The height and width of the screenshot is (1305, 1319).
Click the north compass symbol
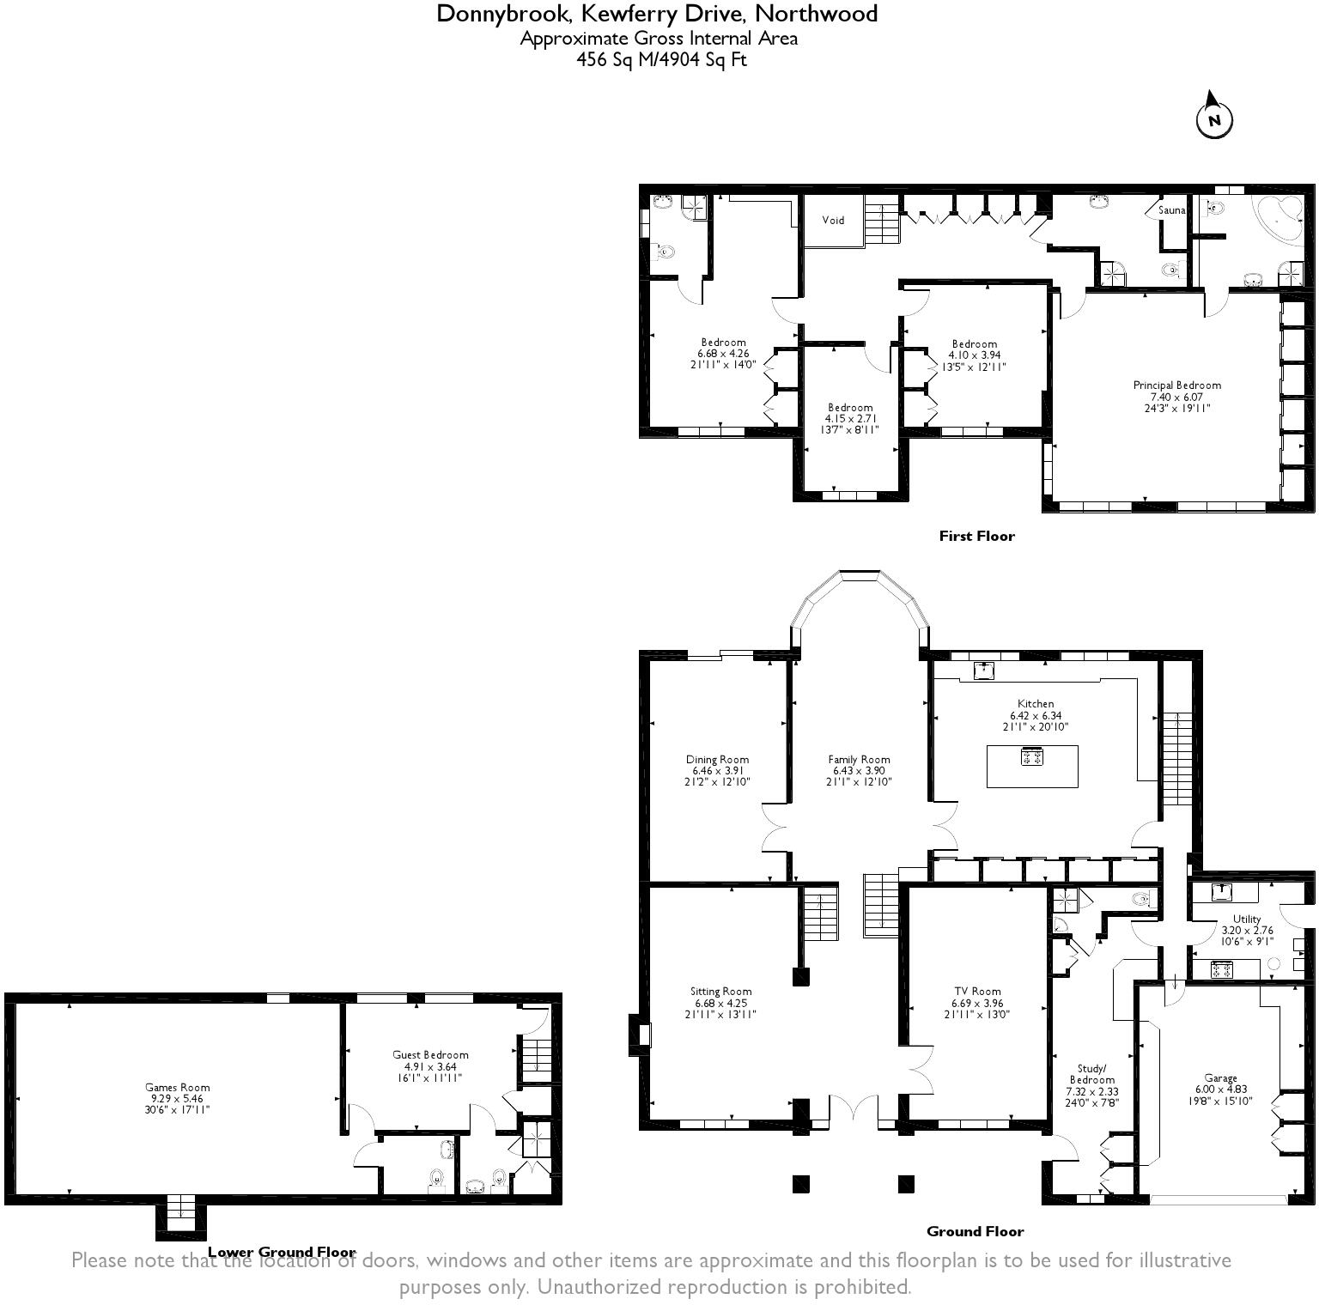(1214, 118)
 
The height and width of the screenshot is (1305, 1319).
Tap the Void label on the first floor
(833, 220)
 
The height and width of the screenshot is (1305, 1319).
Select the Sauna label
(1171, 210)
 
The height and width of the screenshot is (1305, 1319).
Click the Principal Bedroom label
(1176, 385)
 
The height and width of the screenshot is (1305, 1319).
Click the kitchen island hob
(1031, 757)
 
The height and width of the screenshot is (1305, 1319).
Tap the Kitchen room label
(1036, 704)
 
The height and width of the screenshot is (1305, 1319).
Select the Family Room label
(859, 759)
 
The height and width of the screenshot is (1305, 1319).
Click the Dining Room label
(717, 759)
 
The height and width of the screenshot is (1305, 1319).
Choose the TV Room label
(976, 991)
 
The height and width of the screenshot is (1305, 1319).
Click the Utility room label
(1247, 919)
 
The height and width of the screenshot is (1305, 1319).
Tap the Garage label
(1220, 1078)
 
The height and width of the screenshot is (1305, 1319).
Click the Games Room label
(178, 1087)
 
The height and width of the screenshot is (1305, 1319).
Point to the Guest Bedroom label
(430, 1055)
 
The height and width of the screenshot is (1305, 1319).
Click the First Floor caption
(976, 536)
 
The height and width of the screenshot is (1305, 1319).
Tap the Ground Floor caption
(975, 1231)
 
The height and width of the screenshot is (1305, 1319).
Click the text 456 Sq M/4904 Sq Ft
(660, 60)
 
